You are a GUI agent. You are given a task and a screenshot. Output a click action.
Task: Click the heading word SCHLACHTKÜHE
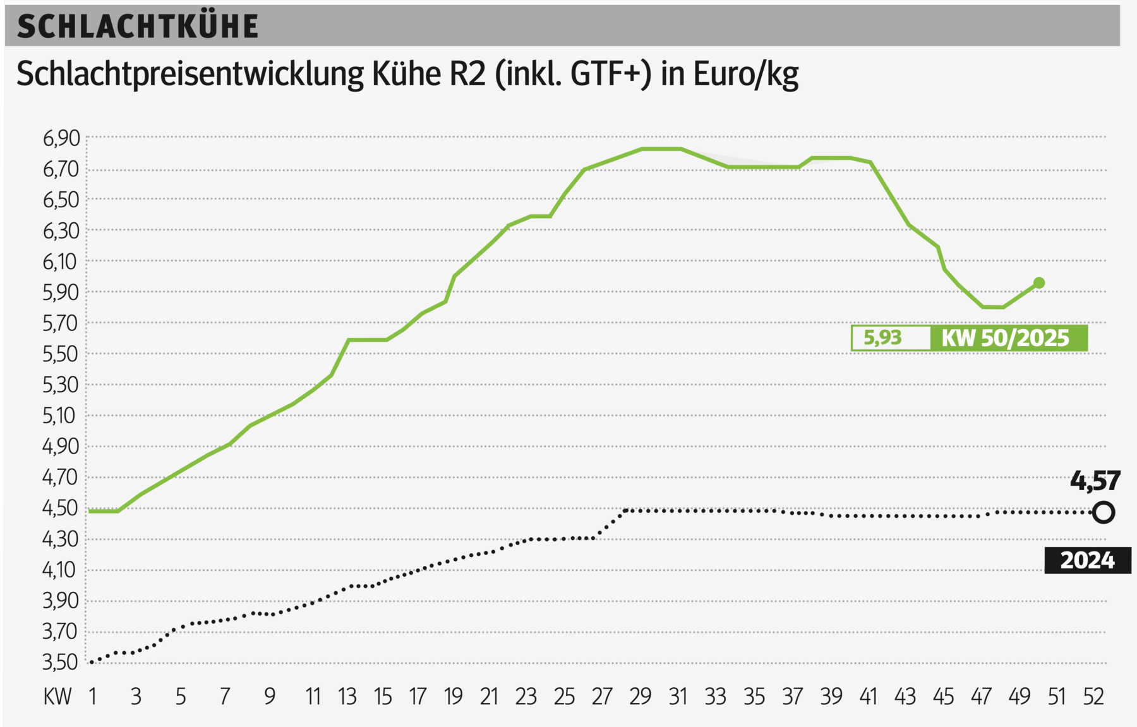point(138,27)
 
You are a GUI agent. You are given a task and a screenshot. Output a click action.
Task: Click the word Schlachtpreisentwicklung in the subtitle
point(189,74)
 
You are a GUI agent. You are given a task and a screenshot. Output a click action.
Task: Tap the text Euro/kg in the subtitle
point(745,74)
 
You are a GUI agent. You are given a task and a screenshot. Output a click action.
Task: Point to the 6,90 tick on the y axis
point(61,138)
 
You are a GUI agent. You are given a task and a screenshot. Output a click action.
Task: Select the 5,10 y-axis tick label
point(59,416)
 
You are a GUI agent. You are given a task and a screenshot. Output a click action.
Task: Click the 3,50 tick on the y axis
point(60,662)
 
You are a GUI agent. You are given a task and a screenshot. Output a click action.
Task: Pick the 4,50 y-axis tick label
point(60,508)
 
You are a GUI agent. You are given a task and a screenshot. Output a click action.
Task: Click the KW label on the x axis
point(57,697)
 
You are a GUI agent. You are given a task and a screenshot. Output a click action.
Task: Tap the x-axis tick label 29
point(640,697)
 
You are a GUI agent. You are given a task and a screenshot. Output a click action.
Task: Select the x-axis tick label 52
point(1093,697)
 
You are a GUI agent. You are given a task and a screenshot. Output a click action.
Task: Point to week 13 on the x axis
point(347,697)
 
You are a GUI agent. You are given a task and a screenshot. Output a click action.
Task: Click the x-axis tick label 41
point(869,697)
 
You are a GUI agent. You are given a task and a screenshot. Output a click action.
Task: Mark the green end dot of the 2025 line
point(1038,283)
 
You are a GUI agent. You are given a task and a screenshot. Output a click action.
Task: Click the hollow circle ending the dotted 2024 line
point(1103,512)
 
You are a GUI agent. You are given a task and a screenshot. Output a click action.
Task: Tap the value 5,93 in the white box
point(882,338)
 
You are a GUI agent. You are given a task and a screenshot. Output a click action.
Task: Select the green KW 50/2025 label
point(1006,338)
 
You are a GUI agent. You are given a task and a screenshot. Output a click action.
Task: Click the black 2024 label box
point(1087,560)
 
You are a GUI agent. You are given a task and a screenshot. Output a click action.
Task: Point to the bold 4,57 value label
point(1095,481)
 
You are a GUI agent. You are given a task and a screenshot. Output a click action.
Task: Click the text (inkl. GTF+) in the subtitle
point(574,74)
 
